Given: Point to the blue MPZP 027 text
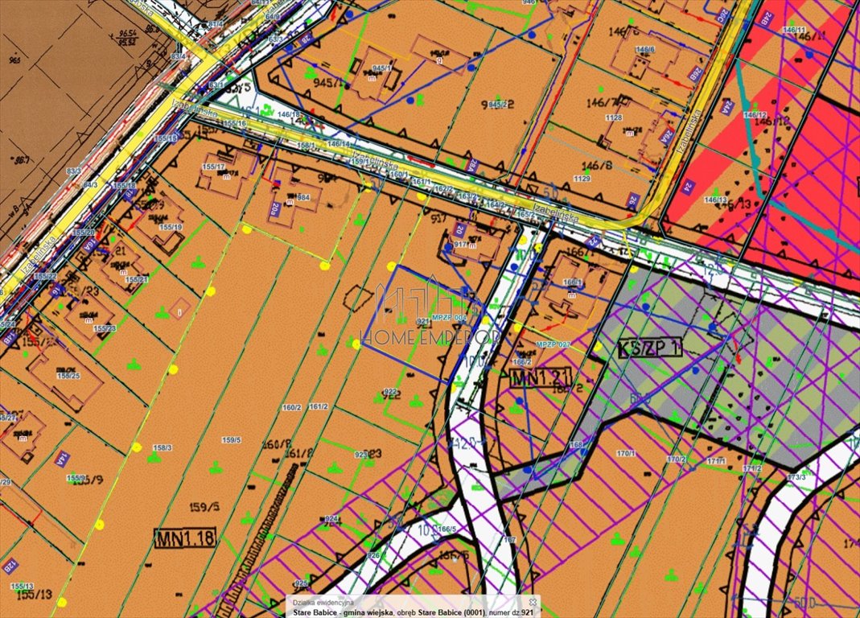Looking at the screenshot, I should (553, 344).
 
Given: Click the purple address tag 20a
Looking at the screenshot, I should (276, 210).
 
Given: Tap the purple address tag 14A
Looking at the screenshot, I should (59, 460).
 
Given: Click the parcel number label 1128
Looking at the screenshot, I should (614, 117).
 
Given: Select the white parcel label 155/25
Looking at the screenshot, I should (68, 375).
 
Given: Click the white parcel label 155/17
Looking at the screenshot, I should (214, 167).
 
